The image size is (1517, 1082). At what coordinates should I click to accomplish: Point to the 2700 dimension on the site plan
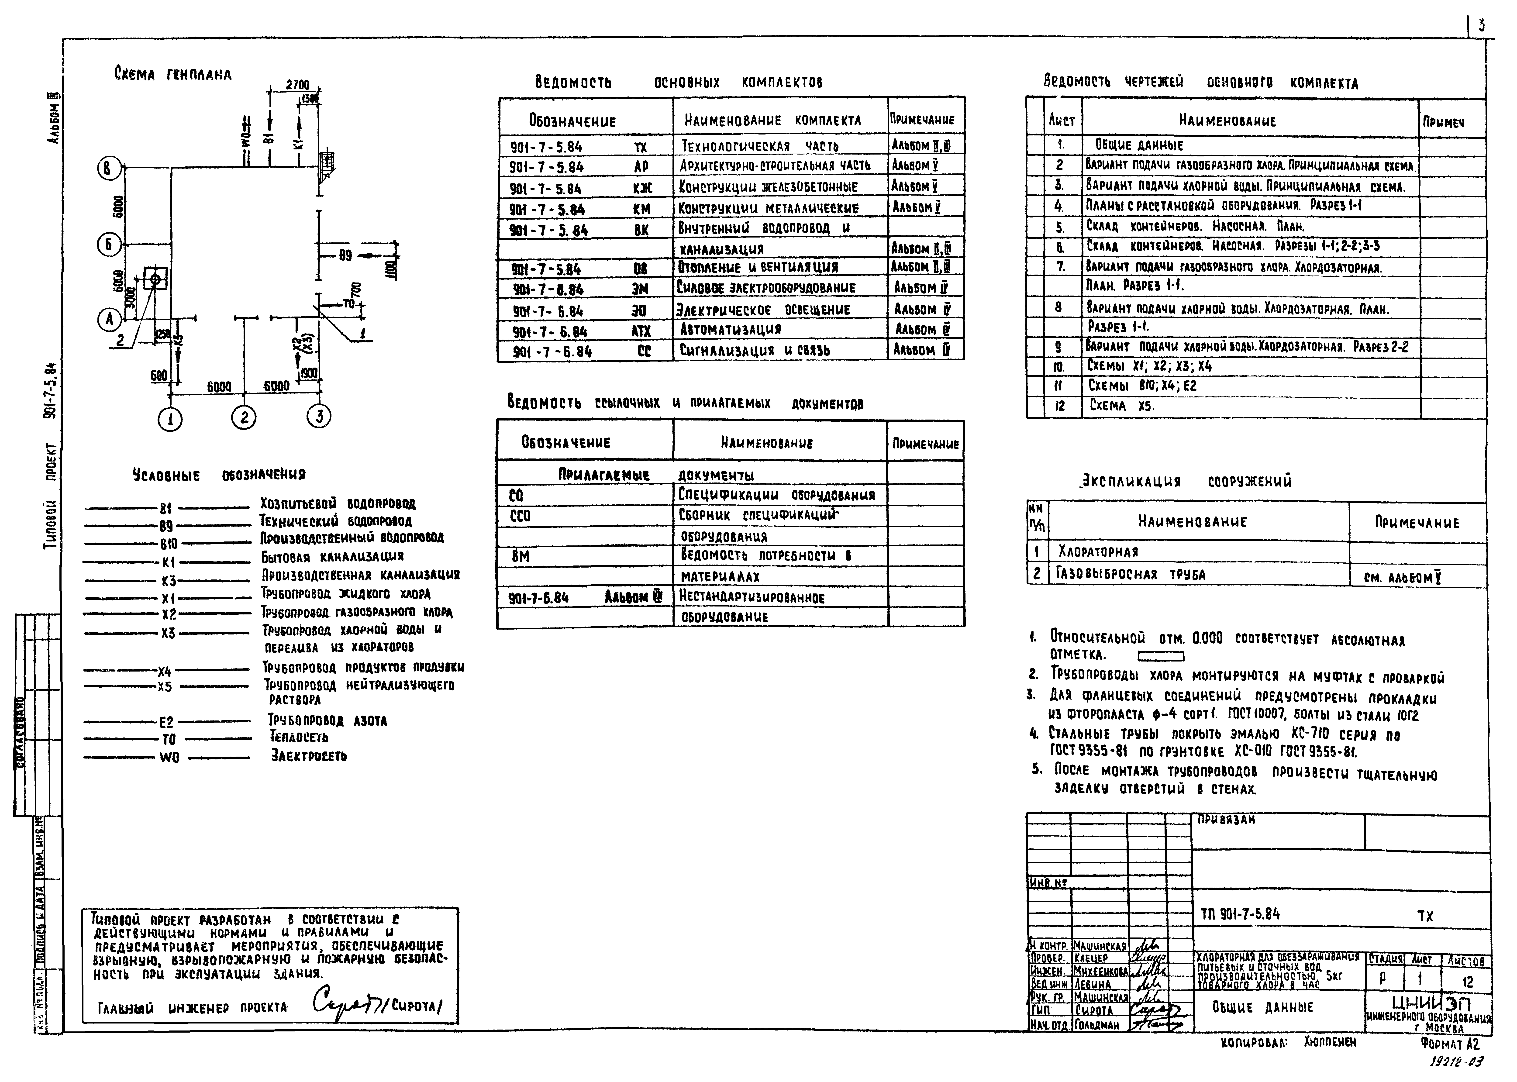pyautogui.click(x=297, y=85)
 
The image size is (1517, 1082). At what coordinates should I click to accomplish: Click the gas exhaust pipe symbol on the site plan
pyautogui.click(x=155, y=279)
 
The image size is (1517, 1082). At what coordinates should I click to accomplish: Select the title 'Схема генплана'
pyautogui.click(x=172, y=75)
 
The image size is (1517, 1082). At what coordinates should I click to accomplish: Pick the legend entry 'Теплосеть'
pyautogui.click(x=298, y=737)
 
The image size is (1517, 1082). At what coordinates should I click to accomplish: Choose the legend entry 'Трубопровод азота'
pyautogui.click(x=327, y=720)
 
